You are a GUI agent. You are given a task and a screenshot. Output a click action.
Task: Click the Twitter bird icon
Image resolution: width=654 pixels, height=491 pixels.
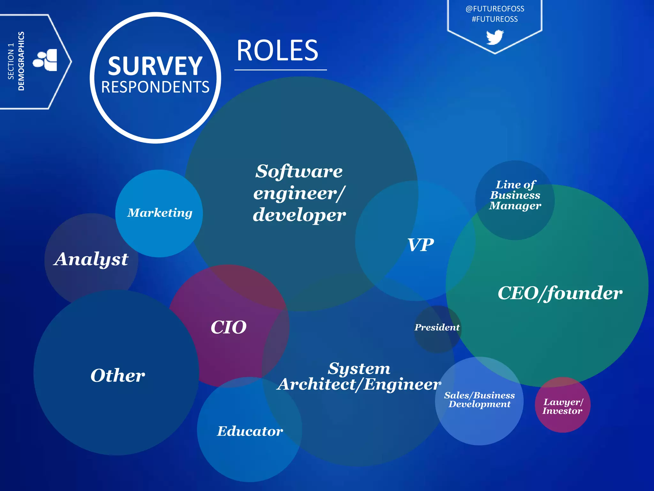click(x=495, y=37)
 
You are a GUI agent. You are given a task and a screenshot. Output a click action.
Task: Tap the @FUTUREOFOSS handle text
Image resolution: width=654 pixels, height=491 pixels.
click(x=495, y=9)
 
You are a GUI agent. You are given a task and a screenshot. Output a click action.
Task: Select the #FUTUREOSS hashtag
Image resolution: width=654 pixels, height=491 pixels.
click(x=495, y=19)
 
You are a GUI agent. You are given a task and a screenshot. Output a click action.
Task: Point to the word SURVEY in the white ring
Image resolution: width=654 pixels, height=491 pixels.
click(x=155, y=66)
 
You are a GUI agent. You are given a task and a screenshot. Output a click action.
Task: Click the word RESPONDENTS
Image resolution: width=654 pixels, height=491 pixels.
click(x=155, y=87)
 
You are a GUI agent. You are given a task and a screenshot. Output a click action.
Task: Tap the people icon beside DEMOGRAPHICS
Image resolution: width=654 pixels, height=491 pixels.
click(x=45, y=60)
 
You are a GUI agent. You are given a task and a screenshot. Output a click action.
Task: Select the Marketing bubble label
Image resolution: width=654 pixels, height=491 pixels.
click(x=160, y=213)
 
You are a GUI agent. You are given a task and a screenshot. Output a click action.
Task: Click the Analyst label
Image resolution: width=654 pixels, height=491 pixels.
click(x=91, y=259)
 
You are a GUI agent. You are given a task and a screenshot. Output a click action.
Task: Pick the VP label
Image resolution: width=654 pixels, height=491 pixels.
click(x=421, y=245)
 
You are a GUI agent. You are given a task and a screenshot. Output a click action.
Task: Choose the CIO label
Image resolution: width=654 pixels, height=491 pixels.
click(x=229, y=327)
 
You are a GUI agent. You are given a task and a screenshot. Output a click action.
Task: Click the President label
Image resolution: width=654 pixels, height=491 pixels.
click(x=437, y=327)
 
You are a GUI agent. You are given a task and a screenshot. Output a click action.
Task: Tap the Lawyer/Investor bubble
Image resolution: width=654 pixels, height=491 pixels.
click(x=562, y=406)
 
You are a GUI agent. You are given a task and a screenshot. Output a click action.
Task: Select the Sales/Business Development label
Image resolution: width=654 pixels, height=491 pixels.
click(x=479, y=400)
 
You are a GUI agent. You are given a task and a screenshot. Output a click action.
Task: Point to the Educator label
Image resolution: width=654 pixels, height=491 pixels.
click(x=250, y=431)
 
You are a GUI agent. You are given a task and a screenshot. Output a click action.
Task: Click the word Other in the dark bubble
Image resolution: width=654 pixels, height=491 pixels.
click(x=118, y=375)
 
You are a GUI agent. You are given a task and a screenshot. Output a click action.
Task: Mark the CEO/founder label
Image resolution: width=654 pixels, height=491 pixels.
click(x=560, y=293)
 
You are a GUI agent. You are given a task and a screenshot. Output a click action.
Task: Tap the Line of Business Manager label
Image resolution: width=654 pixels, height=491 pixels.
click(x=515, y=195)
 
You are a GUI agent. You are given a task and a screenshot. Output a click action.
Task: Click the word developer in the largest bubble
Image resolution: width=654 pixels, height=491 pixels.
click(x=299, y=215)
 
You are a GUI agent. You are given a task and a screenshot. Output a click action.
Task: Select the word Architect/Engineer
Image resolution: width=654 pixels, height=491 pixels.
click(x=359, y=384)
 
